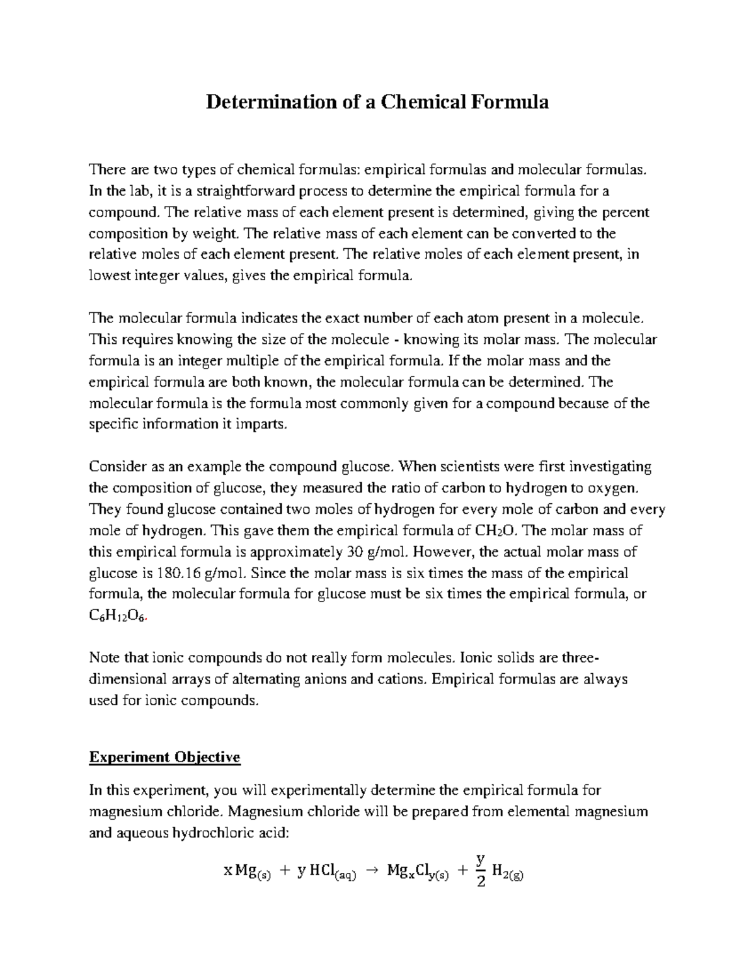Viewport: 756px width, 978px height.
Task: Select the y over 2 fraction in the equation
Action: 481,870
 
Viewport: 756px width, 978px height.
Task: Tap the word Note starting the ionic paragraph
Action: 104,658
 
